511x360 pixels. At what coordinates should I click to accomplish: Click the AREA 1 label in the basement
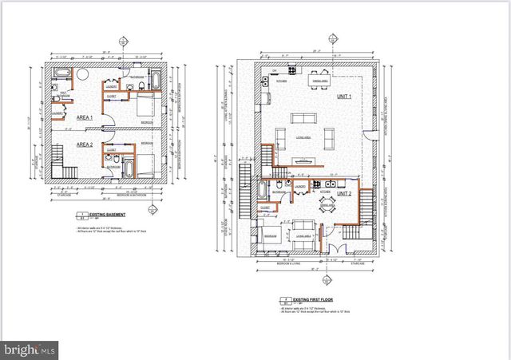(84, 117)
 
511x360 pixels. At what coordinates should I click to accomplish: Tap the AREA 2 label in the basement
(84, 144)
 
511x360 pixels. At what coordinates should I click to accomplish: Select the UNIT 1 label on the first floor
(344, 97)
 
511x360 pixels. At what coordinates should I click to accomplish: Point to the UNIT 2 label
(344, 194)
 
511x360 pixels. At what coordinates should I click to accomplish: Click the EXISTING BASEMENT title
(99, 216)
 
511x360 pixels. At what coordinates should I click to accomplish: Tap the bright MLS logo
(30, 349)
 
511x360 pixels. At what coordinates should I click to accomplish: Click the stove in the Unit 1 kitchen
(264, 81)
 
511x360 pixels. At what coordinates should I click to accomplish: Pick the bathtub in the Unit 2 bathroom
(263, 190)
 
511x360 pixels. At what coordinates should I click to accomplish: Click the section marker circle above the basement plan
(121, 41)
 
